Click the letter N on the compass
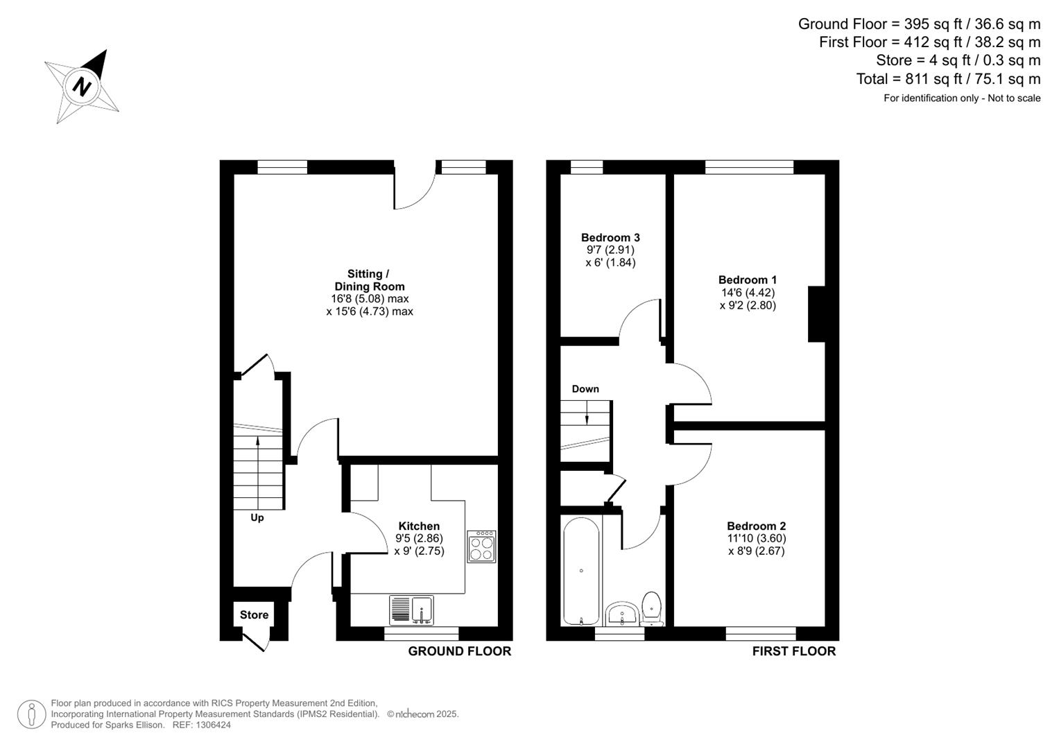pos(83,87)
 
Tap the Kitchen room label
pos(419,526)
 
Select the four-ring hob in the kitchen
pos(481,546)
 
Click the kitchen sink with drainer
pos(411,610)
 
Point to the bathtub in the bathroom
pos(581,571)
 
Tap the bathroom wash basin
pos(622,614)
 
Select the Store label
pos(254,615)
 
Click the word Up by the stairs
pos(257,517)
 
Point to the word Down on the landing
pos(585,389)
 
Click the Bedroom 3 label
pos(610,238)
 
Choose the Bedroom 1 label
pos(748,280)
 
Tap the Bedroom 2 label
pos(756,526)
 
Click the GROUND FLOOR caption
pos(459,651)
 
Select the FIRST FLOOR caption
pos(794,651)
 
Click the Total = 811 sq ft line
pos(948,79)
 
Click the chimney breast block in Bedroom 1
pos(816,314)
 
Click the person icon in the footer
pos(32,714)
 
